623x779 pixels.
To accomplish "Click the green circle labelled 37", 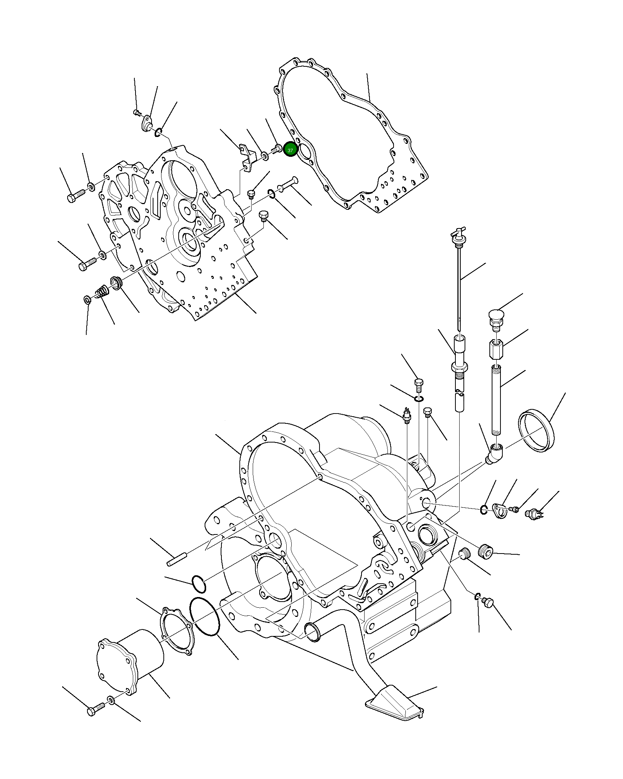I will (290, 150).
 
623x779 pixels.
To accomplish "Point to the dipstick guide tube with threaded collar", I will (459, 362).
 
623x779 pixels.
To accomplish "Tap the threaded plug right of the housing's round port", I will (486, 551).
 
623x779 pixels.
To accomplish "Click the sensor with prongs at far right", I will (533, 513).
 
